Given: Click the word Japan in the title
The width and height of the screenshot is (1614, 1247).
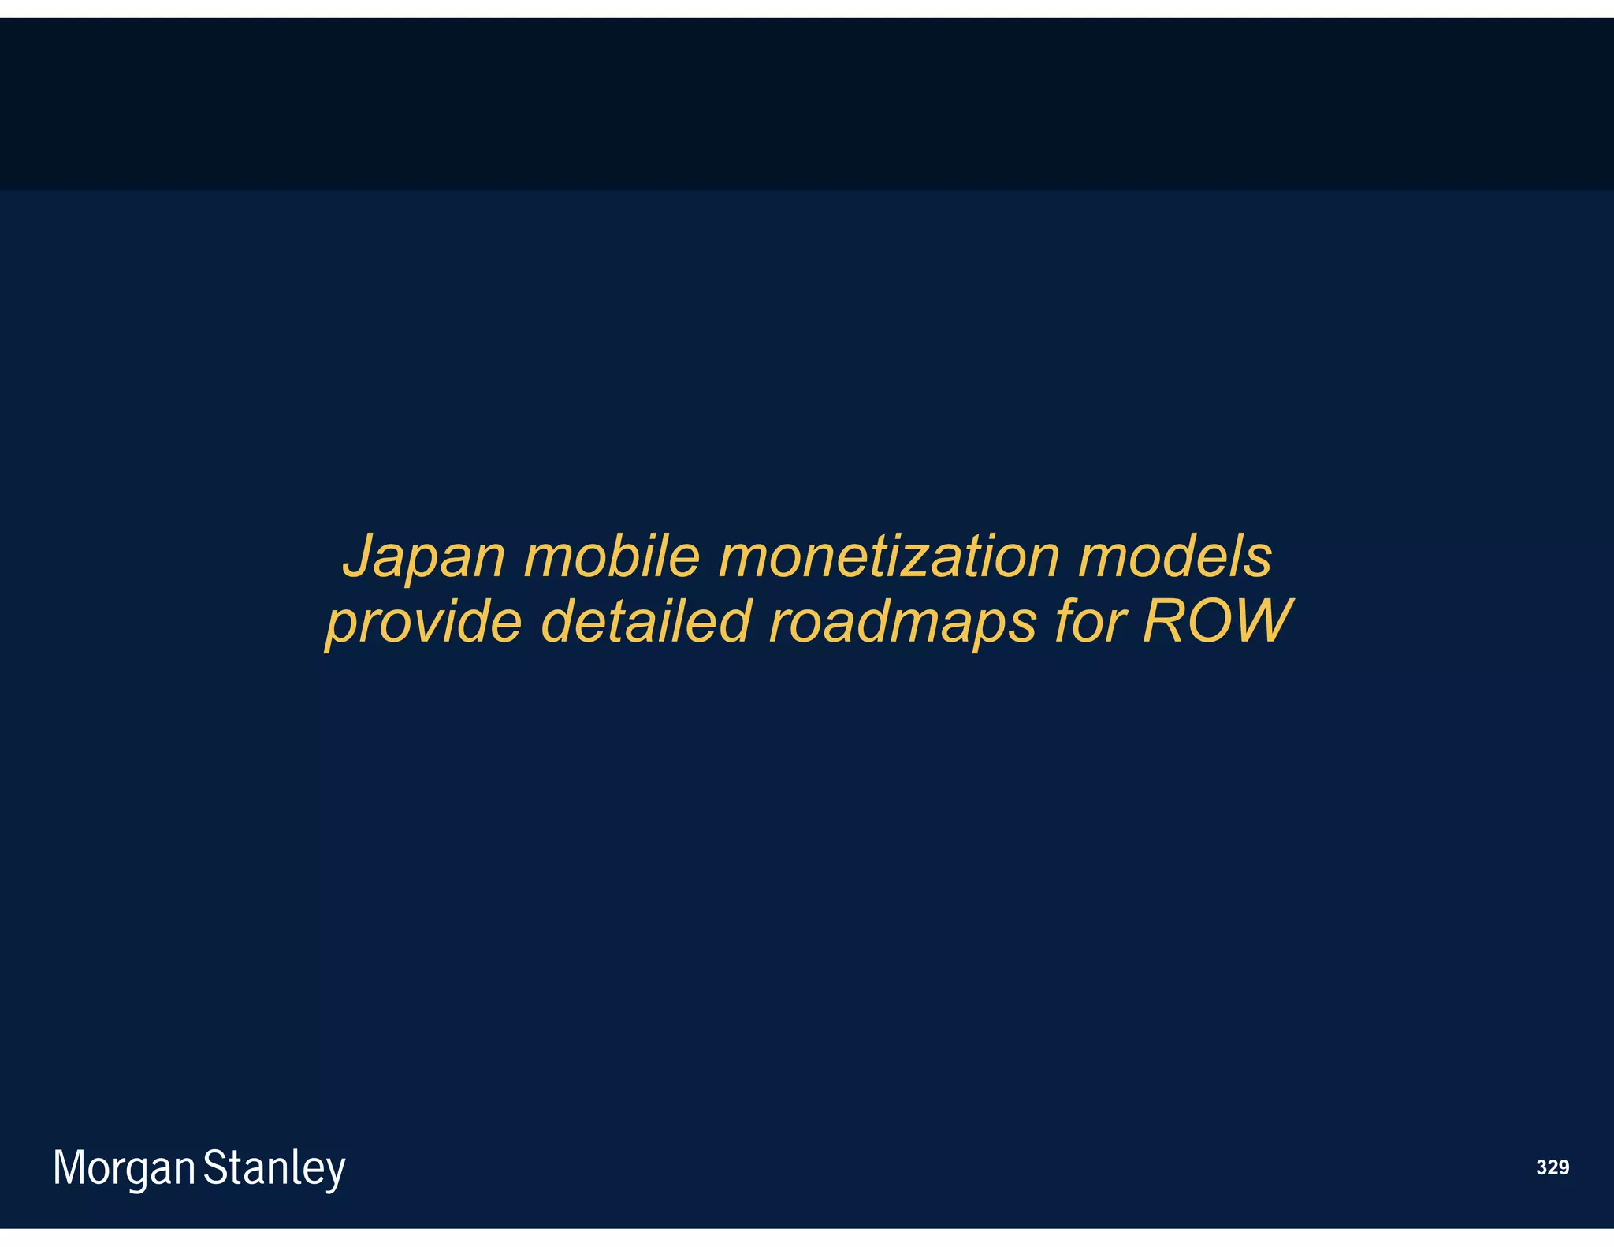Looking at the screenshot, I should pyautogui.click(x=423, y=557).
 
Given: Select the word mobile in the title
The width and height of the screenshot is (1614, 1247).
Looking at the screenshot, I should pyautogui.click(x=612, y=556).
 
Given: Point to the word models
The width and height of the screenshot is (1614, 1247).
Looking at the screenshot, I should pyautogui.click(x=1174, y=556).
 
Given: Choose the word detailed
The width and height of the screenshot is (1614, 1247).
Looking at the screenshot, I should pyautogui.click(x=645, y=621).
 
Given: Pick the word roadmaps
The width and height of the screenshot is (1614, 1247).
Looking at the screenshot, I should pyautogui.click(x=902, y=623).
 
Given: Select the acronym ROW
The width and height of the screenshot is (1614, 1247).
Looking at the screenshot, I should pyautogui.click(x=1218, y=621).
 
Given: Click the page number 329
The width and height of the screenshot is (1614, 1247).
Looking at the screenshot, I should pyautogui.click(x=1552, y=1167).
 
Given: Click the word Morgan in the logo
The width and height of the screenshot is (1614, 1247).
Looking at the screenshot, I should pyautogui.click(x=124, y=1168).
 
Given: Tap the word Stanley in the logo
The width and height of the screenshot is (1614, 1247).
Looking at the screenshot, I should pyautogui.click(x=274, y=1168).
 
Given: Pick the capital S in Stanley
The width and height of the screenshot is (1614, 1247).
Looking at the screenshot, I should pyautogui.click(x=215, y=1167).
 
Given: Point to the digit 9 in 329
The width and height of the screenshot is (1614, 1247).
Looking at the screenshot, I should pyautogui.click(x=1563, y=1167).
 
